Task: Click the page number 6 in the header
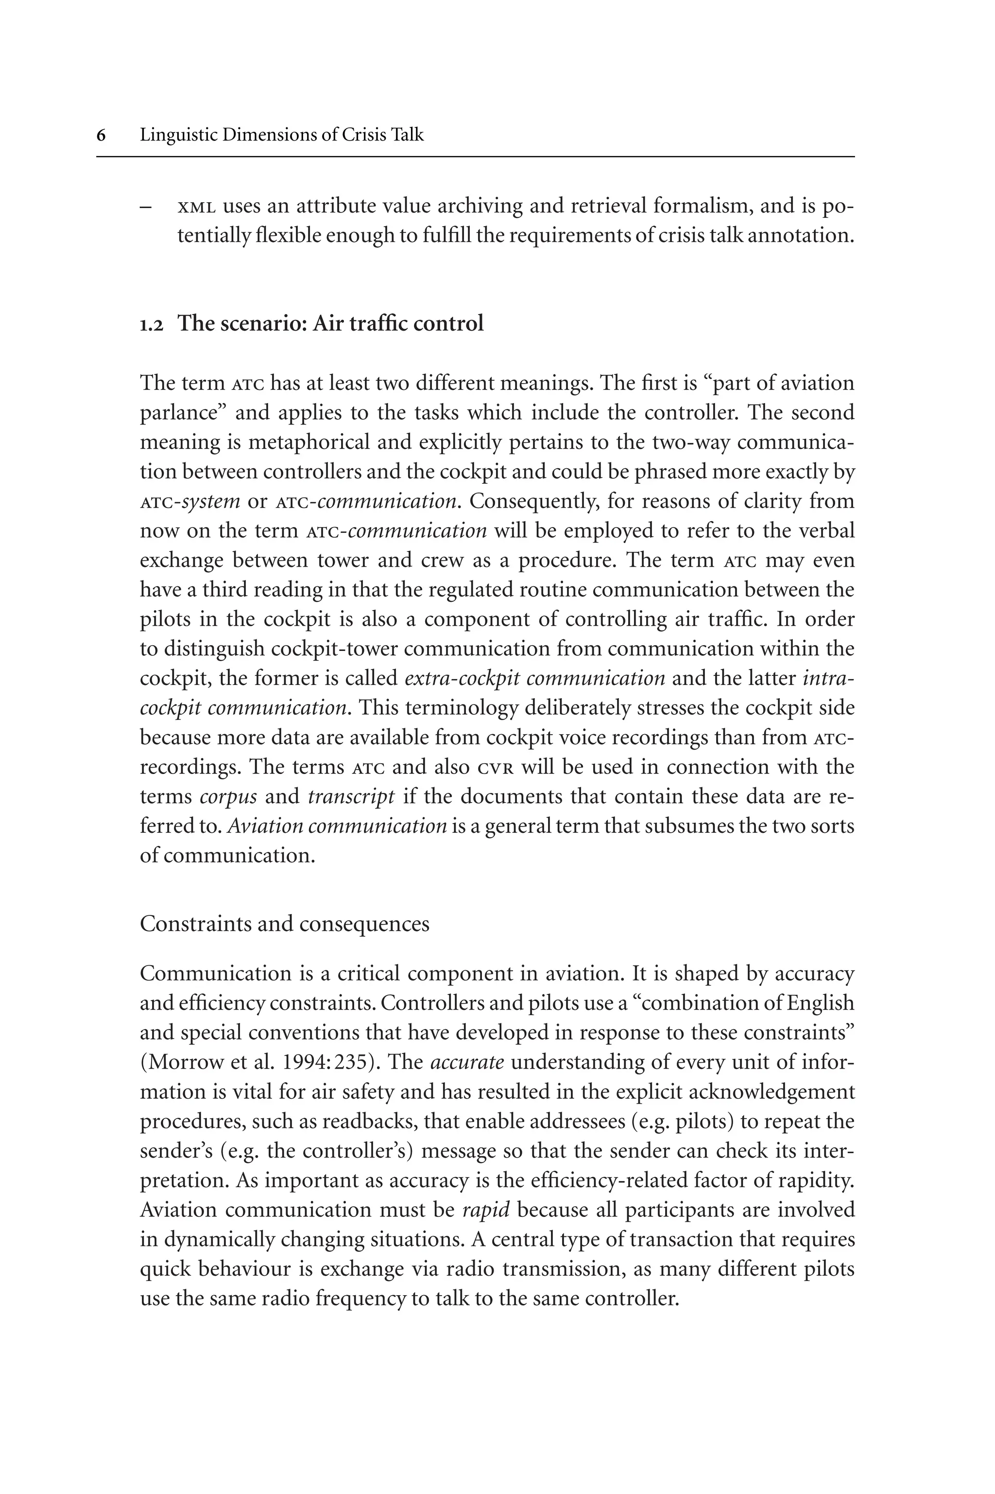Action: [102, 135]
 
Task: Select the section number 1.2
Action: [152, 325]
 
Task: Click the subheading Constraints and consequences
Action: [284, 923]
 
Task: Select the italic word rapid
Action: [486, 1210]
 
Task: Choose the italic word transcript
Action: [351, 797]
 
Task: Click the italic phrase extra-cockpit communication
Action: [534, 678]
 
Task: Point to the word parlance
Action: [183, 413]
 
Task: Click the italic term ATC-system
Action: [190, 502]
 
